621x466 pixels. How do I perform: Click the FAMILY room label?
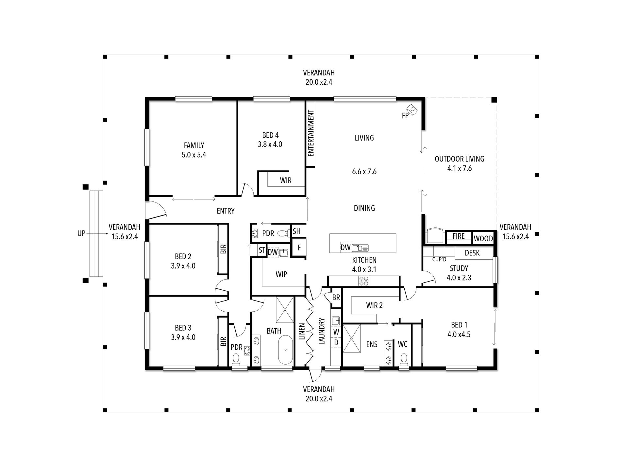point(194,145)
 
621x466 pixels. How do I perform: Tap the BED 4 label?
point(270,135)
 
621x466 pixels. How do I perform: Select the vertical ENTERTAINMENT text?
point(311,133)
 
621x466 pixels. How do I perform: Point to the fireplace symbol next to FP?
point(412,110)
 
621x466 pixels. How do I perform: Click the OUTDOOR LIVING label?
point(459,159)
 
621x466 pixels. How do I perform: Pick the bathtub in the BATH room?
point(286,350)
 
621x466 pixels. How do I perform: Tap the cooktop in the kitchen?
point(364,281)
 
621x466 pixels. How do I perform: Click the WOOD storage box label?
point(483,238)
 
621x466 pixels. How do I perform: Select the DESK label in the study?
point(472,253)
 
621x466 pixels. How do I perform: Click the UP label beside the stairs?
point(81,233)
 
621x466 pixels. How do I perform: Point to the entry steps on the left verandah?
point(96,233)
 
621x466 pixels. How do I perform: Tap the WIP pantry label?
point(281,274)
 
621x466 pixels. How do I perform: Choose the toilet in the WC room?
point(404,358)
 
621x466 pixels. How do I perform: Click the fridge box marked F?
point(299,248)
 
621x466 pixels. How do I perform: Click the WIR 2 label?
point(374,305)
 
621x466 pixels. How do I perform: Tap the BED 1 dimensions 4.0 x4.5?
point(459,335)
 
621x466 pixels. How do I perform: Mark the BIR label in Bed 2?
point(223,250)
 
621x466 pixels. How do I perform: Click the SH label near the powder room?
point(296,232)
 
